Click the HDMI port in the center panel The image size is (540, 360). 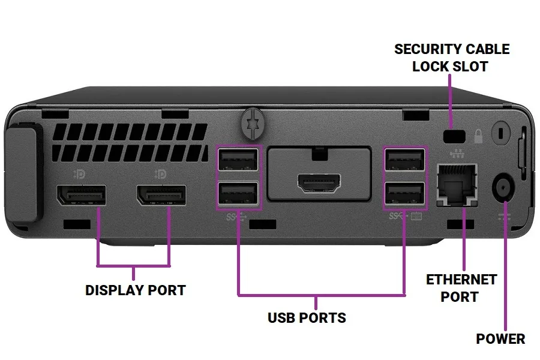pos(319,183)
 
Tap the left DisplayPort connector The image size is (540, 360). pos(81,195)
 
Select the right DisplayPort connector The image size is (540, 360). pos(161,195)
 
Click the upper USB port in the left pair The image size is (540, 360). pos(238,160)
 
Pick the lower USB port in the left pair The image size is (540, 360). pos(238,193)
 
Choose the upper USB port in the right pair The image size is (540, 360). pos(404,160)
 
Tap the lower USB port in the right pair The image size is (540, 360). pos(404,193)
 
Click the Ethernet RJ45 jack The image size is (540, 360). pos(457,185)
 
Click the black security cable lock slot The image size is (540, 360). pos(454,136)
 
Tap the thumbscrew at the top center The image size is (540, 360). pos(253,124)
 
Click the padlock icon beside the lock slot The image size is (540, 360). pos(478,136)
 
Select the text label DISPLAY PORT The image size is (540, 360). pos(136,290)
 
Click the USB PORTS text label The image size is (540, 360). pos(307,317)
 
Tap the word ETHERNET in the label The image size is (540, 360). pos(461,280)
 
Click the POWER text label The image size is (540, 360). pos(500,338)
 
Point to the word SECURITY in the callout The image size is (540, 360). pos(426,49)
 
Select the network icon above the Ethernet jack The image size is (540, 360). pos(457,154)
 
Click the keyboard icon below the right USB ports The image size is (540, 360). pos(416,217)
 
